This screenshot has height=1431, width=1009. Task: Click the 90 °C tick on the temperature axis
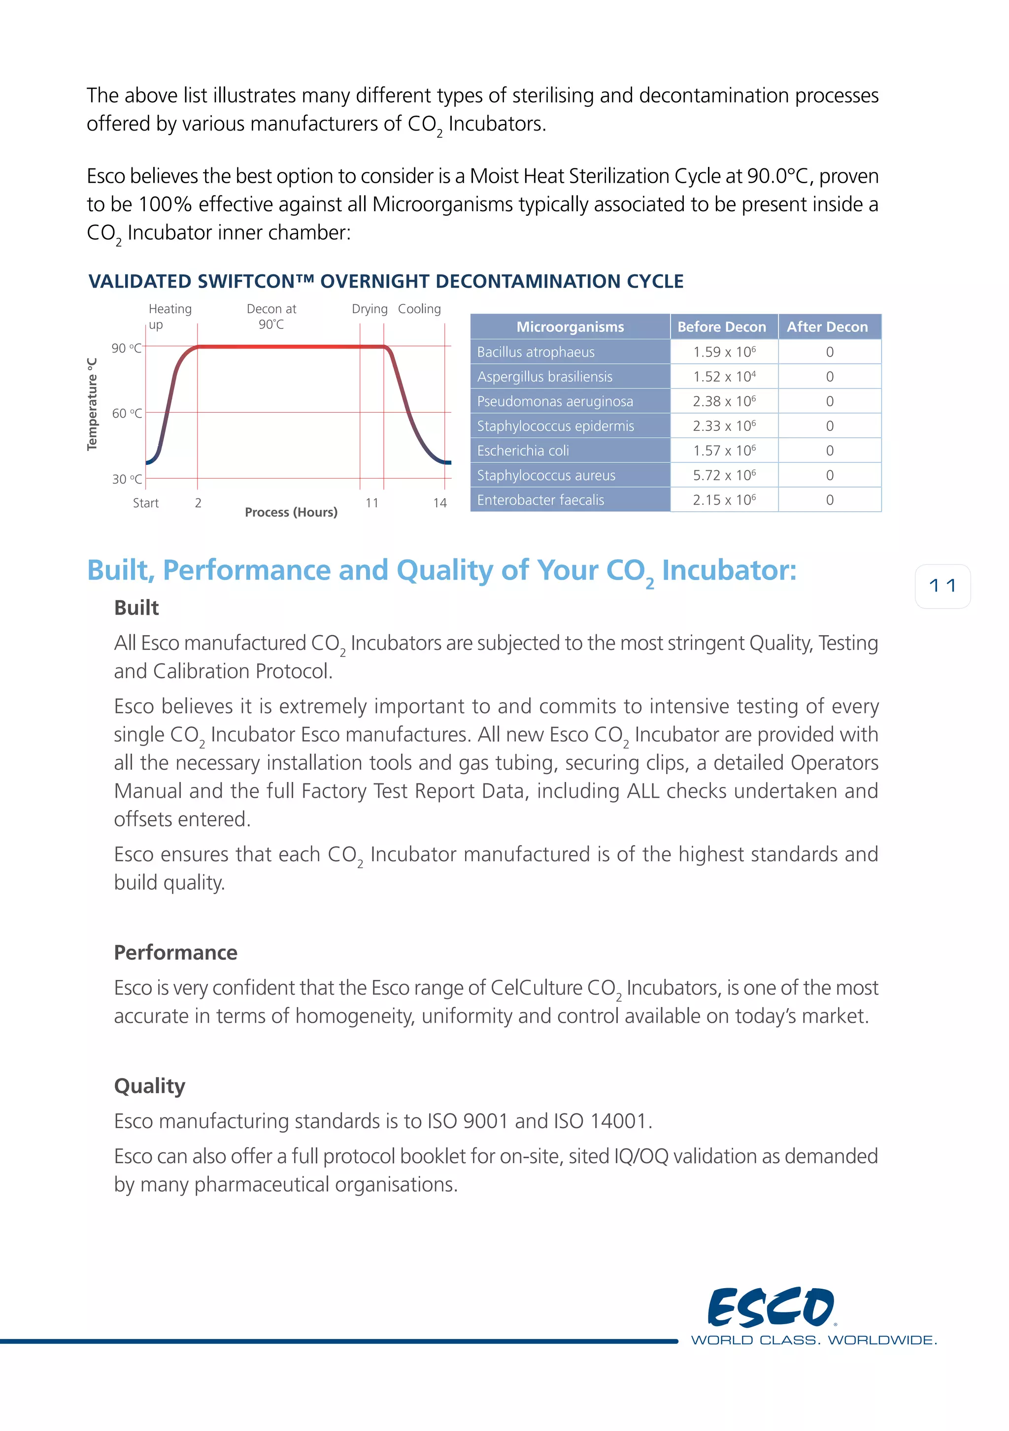(x=127, y=348)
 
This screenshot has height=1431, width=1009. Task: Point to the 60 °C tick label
(x=127, y=413)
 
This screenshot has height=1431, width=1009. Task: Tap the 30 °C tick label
(x=127, y=479)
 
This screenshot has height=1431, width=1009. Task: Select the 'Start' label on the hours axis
(x=146, y=503)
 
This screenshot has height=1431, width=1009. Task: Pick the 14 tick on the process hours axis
(x=440, y=503)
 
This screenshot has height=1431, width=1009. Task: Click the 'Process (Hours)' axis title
(x=291, y=512)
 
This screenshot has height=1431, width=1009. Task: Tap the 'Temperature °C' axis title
(x=92, y=404)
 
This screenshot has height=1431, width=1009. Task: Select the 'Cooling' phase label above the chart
(x=419, y=309)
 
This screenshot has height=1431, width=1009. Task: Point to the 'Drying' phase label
(x=370, y=309)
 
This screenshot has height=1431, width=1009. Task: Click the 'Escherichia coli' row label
(x=523, y=451)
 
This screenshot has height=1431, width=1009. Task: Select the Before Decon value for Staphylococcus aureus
(x=724, y=476)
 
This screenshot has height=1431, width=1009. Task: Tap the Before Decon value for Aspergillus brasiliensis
(x=724, y=376)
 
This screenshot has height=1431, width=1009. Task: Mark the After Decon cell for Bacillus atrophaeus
(x=829, y=352)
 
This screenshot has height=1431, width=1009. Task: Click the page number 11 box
(x=942, y=586)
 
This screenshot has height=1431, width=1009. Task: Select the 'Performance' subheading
(x=176, y=953)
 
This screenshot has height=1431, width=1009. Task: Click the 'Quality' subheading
(x=150, y=1086)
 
